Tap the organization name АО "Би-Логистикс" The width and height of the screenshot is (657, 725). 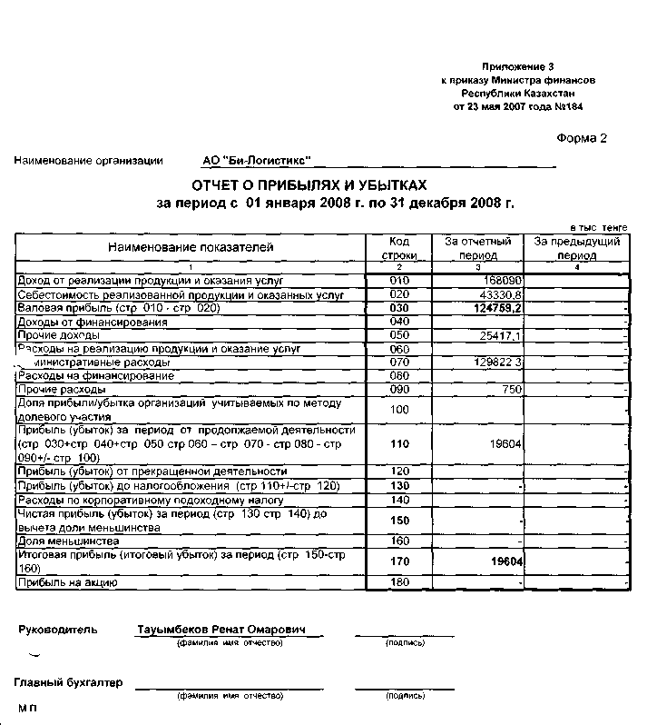tap(257, 161)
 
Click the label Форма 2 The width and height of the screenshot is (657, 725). tap(580, 138)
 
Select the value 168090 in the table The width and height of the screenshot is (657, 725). tap(502, 282)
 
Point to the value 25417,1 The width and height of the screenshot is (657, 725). tap(498, 336)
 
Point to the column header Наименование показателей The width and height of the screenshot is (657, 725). tap(191, 247)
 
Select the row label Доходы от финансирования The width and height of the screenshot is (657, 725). tap(93, 323)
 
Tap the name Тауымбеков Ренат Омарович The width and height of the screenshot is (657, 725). tap(221, 630)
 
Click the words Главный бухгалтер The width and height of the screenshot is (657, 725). tap(68, 682)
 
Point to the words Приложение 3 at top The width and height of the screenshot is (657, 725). tap(517, 67)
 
